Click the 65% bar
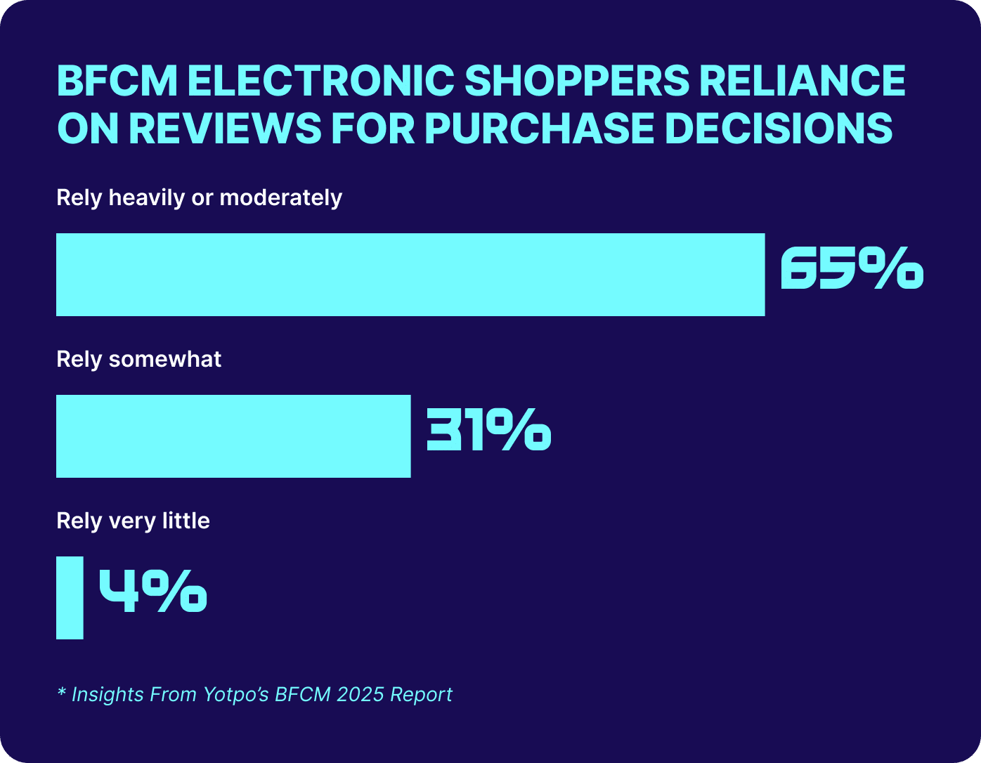(410, 275)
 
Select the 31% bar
(233, 436)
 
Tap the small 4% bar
(70, 598)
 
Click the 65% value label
(851, 268)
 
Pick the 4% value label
(152, 591)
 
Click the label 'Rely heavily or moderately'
(199, 198)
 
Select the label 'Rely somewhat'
(138, 360)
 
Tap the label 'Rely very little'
(133, 521)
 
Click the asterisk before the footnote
(61, 693)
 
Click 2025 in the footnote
(359, 695)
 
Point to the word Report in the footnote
(422, 695)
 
